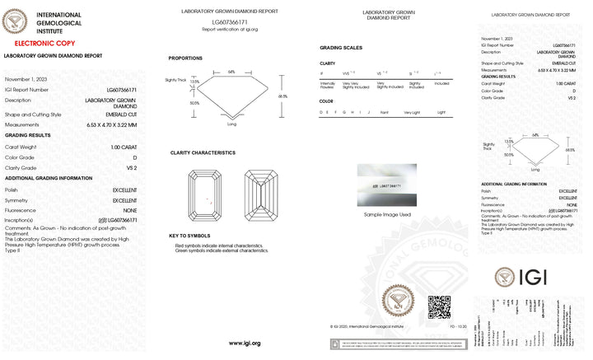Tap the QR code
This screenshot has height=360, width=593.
tap(439, 306)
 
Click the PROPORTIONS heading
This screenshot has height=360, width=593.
tap(185, 58)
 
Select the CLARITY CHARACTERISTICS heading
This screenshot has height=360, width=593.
tap(203, 152)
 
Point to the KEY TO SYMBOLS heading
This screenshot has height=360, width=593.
tap(190, 236)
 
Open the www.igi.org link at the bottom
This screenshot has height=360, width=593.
tap(245, 343)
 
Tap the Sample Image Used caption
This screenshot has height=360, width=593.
tap(387, 214)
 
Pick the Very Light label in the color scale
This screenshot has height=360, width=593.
tap(411, 111)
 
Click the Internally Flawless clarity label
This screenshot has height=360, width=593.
tap(327, 85)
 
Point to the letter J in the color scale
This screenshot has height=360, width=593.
tap(368, 111)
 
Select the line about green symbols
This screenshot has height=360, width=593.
tap(222, 250)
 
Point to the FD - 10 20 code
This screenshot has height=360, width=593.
tap(458, 326)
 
